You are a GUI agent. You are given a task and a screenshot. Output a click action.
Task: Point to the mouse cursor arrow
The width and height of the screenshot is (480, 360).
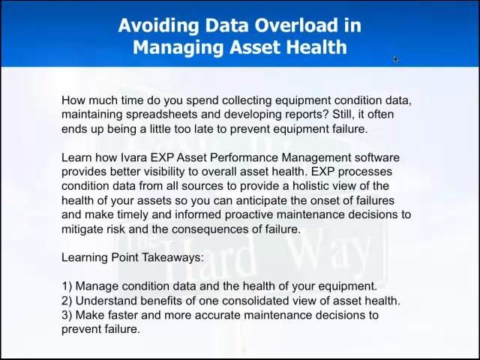point(395,60)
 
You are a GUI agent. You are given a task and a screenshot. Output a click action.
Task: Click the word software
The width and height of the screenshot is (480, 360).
point(376,157)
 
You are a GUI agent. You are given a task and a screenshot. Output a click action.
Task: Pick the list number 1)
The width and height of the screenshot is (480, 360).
point(67,286)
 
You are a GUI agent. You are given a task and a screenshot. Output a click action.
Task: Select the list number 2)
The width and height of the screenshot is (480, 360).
point(67,301)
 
